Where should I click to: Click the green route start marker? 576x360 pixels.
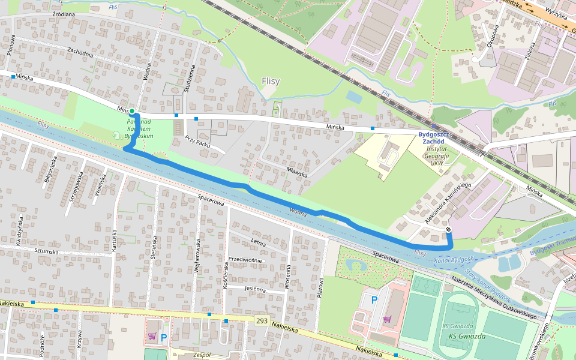click(x=131, y=111)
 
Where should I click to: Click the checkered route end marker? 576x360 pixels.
click(x=448, y=229)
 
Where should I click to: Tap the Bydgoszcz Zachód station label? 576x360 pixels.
click(x=440, y=137)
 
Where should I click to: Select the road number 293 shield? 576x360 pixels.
click(x=261, y=322)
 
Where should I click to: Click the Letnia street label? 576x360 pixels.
click(x=258, y=243)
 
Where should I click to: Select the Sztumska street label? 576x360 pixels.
click(x=46, y=251)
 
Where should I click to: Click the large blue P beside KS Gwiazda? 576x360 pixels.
click(x=375, y=300)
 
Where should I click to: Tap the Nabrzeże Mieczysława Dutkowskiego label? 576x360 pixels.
click(x=496, y=299)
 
